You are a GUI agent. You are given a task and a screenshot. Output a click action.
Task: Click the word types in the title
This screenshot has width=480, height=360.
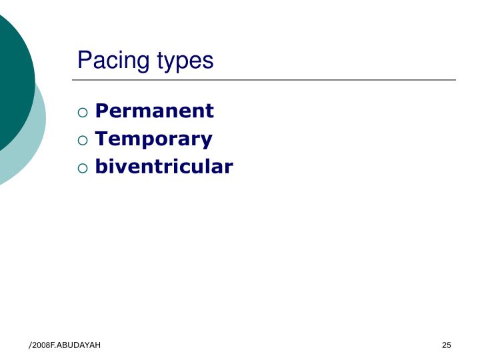tap(185, 61)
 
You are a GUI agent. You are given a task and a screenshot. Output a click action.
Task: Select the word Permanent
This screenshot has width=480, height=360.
tap(154, 111)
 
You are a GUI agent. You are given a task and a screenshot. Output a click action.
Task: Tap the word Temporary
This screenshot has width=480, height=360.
tap(153, 139)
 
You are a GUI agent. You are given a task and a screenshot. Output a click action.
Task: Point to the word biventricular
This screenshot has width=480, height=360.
tap(163, 166)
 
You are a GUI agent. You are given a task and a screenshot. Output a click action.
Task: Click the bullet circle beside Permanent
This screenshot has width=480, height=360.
tap(83, 111)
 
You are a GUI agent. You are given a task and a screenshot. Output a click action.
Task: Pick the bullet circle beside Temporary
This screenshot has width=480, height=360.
tap(83, 139)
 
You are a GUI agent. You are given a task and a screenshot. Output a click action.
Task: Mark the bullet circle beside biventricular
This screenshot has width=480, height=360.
tap(83, 167)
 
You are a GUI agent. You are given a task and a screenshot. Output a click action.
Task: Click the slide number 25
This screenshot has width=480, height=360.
tap(446, 345)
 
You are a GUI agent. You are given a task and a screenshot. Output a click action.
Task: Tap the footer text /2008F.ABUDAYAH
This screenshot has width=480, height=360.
tap(65, 345)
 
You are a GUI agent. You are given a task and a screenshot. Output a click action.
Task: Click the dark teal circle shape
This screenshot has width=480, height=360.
tap(10, 80)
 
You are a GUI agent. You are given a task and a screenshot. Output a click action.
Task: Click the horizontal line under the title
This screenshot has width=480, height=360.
tap(267, 80)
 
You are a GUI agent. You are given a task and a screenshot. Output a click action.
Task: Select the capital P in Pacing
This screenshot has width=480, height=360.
tap(84, 60)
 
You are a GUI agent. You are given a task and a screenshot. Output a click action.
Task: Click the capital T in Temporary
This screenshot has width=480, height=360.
tap(101, 139)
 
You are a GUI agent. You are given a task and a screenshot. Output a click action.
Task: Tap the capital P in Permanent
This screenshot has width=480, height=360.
tap(101, 111)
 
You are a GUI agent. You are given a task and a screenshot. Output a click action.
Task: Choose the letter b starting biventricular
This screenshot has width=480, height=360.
tap(101, 166)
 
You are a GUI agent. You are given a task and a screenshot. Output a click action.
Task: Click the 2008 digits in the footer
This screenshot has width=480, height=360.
tap(42, 345)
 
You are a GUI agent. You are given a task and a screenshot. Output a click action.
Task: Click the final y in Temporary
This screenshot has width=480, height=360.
tap(207, 141)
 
